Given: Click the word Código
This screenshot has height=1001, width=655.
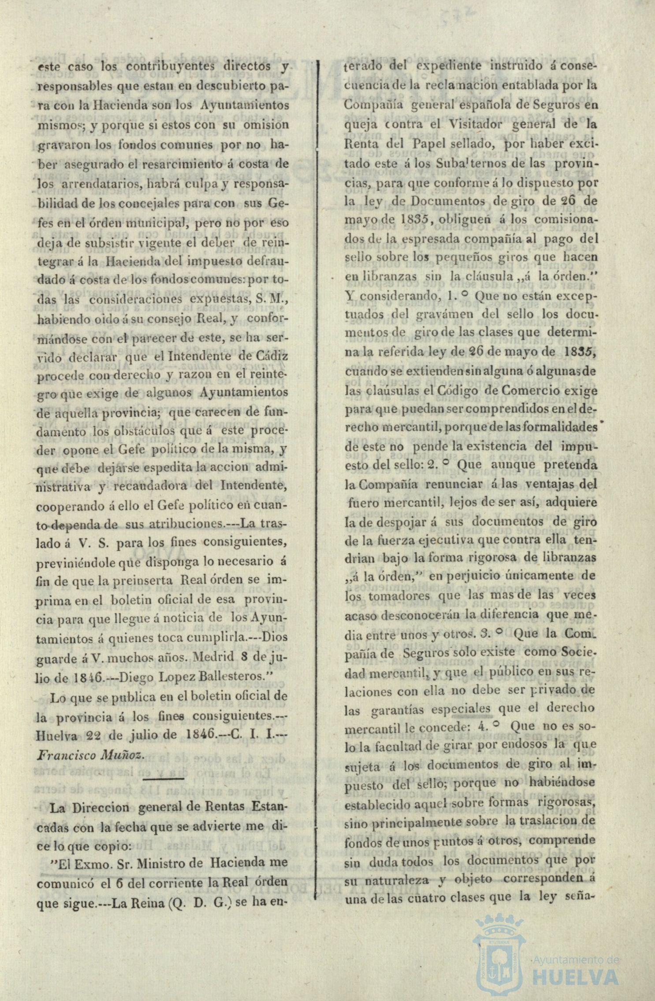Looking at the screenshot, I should tap(458, 390).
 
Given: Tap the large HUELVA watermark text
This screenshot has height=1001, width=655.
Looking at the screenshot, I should tap(576, 974).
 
